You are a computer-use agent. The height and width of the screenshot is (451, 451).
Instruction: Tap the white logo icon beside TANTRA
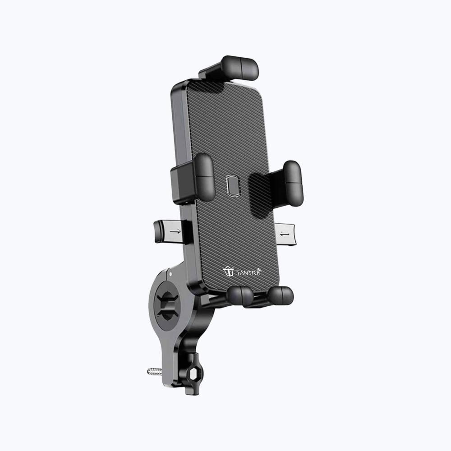[228, 271]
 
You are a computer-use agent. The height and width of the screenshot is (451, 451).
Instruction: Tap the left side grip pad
[204, 177]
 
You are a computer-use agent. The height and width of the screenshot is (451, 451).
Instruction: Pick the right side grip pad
[293, 184]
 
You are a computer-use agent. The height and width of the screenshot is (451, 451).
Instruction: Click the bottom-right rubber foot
[280, 295]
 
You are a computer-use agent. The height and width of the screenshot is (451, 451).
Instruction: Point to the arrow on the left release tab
[175, 231]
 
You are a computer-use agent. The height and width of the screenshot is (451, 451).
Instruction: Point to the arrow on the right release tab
[285, 235]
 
